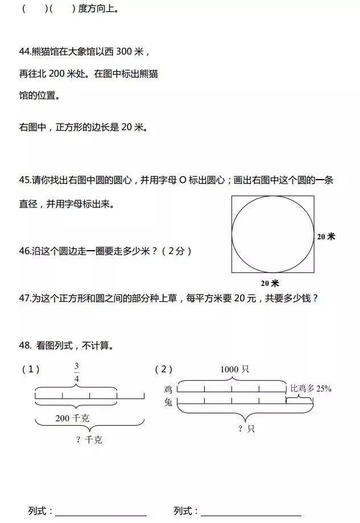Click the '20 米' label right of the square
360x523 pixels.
click(326, 236)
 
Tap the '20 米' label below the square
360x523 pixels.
click(270, 283)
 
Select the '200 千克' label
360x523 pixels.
click(72, 418)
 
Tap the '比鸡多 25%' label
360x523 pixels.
click(311, 389)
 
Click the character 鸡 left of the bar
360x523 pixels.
click(168, 389)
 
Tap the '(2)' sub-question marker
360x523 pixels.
click(164, 370)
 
